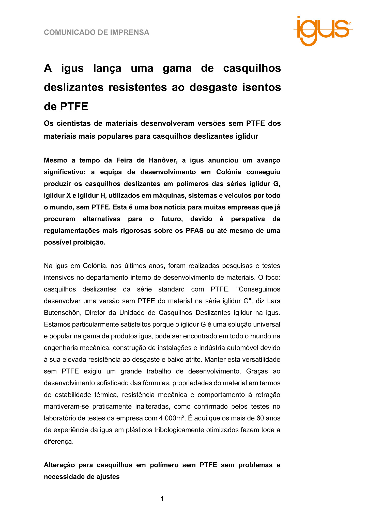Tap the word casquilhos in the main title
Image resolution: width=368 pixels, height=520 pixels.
click(x=252, y=68)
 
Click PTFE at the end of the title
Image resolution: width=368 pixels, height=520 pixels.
click(x=74, y=107)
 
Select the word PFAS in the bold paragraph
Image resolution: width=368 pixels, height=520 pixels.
click(x=194, y=231)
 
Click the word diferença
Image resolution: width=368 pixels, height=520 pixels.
click(x=58, y=442)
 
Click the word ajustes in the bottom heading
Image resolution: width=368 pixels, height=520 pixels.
click(x=108, y=477)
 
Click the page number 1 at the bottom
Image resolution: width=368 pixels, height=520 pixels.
click(x=162, y=499)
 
